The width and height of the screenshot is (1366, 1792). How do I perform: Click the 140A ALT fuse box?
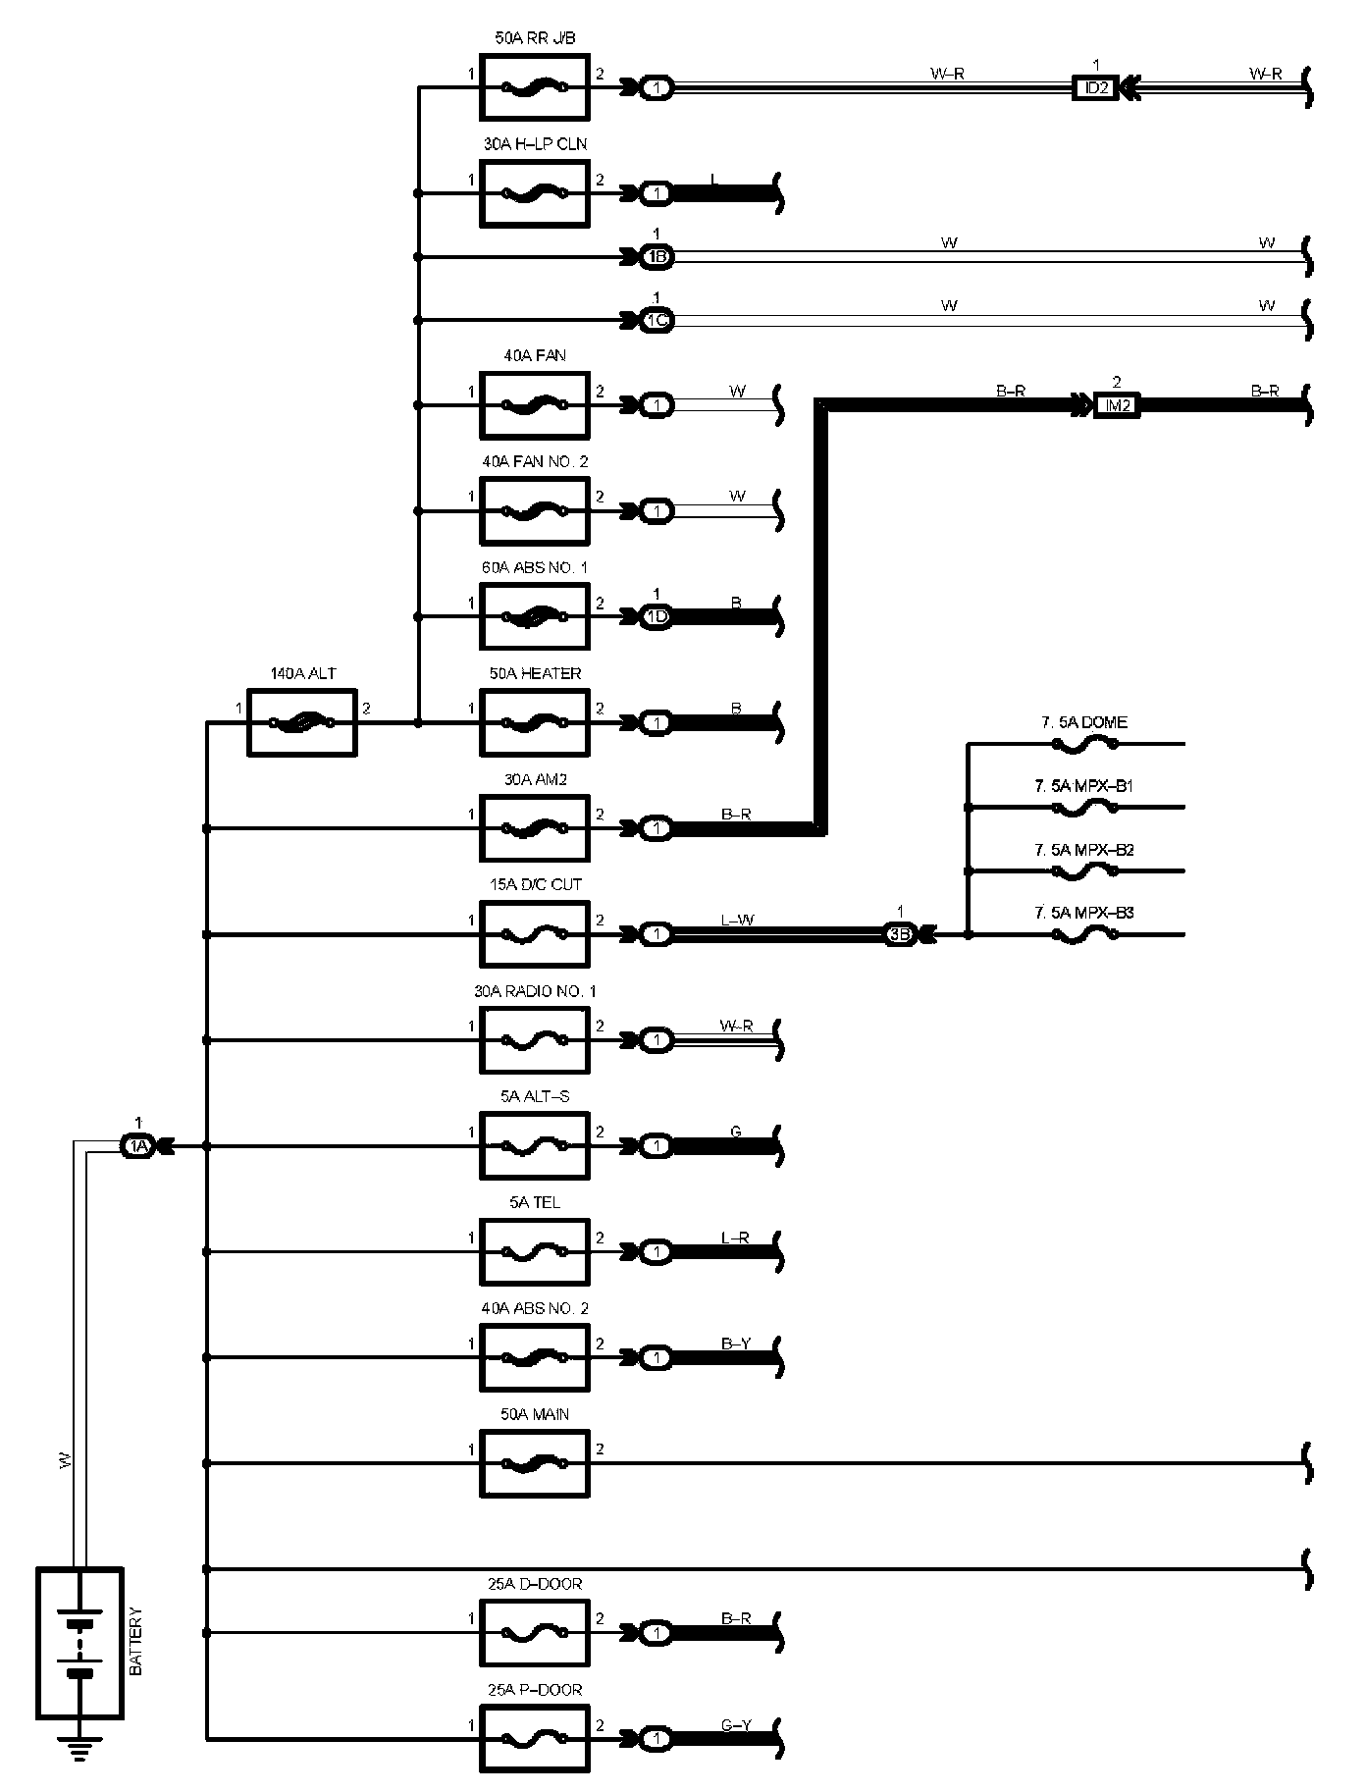coord(301,723)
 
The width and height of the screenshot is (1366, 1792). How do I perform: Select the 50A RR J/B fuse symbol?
coord(535,87)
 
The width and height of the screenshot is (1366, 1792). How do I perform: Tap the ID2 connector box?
coord(1095,87)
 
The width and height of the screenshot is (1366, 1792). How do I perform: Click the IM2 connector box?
coord(1117,404)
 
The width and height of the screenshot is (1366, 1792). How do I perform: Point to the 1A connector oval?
coord(137,1145)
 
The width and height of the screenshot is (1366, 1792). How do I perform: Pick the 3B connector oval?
coord(900,934)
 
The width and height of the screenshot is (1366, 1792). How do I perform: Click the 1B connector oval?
coord(657,257)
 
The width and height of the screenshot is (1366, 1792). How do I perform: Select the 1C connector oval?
coord(657,320)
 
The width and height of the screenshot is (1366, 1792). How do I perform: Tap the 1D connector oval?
coord(657,616)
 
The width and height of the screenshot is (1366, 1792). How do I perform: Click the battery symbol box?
coord(79,1642)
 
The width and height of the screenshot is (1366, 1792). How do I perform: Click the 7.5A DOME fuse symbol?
coord(1083,745)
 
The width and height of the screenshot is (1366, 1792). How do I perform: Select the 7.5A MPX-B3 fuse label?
coord(1083,913)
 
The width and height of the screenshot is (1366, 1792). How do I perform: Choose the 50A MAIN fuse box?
coord(535,1463)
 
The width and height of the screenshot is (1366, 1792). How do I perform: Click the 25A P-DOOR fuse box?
coord(535,1739)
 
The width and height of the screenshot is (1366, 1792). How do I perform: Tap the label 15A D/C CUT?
coord(535,884)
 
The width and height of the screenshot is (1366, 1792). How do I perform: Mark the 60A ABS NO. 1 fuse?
coord(535,616)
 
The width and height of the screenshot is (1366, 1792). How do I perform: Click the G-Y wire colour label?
coord(736,1725)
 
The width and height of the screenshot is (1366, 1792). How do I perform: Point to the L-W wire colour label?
coord(737,921)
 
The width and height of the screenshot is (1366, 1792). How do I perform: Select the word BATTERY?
coord(136,1641)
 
